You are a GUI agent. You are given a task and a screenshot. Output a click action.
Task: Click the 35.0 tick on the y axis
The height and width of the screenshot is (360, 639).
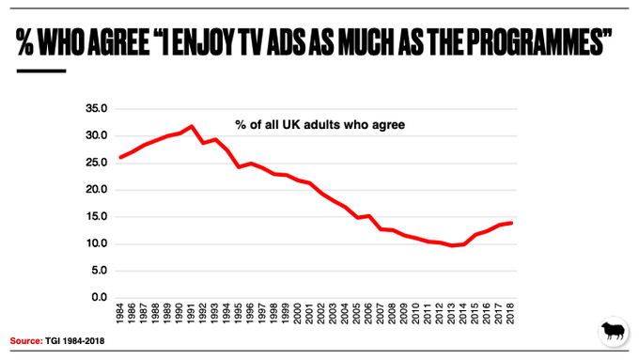[x=96, y=108]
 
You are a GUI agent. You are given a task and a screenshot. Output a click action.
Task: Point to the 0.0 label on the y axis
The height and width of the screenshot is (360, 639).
[x=99, y=297]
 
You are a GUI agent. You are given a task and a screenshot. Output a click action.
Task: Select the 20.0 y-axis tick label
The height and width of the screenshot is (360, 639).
[x=96, y=190]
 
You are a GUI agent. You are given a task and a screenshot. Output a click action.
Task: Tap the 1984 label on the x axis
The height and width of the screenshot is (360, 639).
[x=120, y=313]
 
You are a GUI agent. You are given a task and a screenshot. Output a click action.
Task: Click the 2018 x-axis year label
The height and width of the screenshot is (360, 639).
[x=510, y=313]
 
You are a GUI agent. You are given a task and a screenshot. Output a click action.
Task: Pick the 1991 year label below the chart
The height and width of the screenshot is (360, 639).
[x=191, y=313]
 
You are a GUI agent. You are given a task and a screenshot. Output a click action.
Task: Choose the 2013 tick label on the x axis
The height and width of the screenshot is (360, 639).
[x=451, y=313]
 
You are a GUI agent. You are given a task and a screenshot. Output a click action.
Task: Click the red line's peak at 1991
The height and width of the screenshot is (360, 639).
[x=191, y=126]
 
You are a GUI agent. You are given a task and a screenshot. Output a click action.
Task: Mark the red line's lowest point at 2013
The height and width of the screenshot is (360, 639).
[x=452, y=245]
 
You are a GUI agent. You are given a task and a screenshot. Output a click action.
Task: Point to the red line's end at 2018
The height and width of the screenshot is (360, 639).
[x=511, y=223]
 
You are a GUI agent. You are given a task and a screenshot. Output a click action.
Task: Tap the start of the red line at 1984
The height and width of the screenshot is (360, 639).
[x=120, y=157]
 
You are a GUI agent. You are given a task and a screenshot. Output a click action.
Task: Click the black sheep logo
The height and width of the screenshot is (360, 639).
[x=614, y=331]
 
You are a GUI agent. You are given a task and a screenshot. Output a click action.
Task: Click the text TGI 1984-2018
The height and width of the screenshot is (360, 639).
[x=74, y=341]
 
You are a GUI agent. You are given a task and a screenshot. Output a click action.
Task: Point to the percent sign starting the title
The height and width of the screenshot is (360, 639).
[x=24, y=41]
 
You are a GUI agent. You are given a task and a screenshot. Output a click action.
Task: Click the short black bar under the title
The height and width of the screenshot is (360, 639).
[x=41, y=70]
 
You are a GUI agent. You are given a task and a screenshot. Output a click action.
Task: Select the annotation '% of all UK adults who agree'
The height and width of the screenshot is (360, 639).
[x=319, y=125]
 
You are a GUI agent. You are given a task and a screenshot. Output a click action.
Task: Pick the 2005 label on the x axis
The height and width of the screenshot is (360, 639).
[x=356, y=313]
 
